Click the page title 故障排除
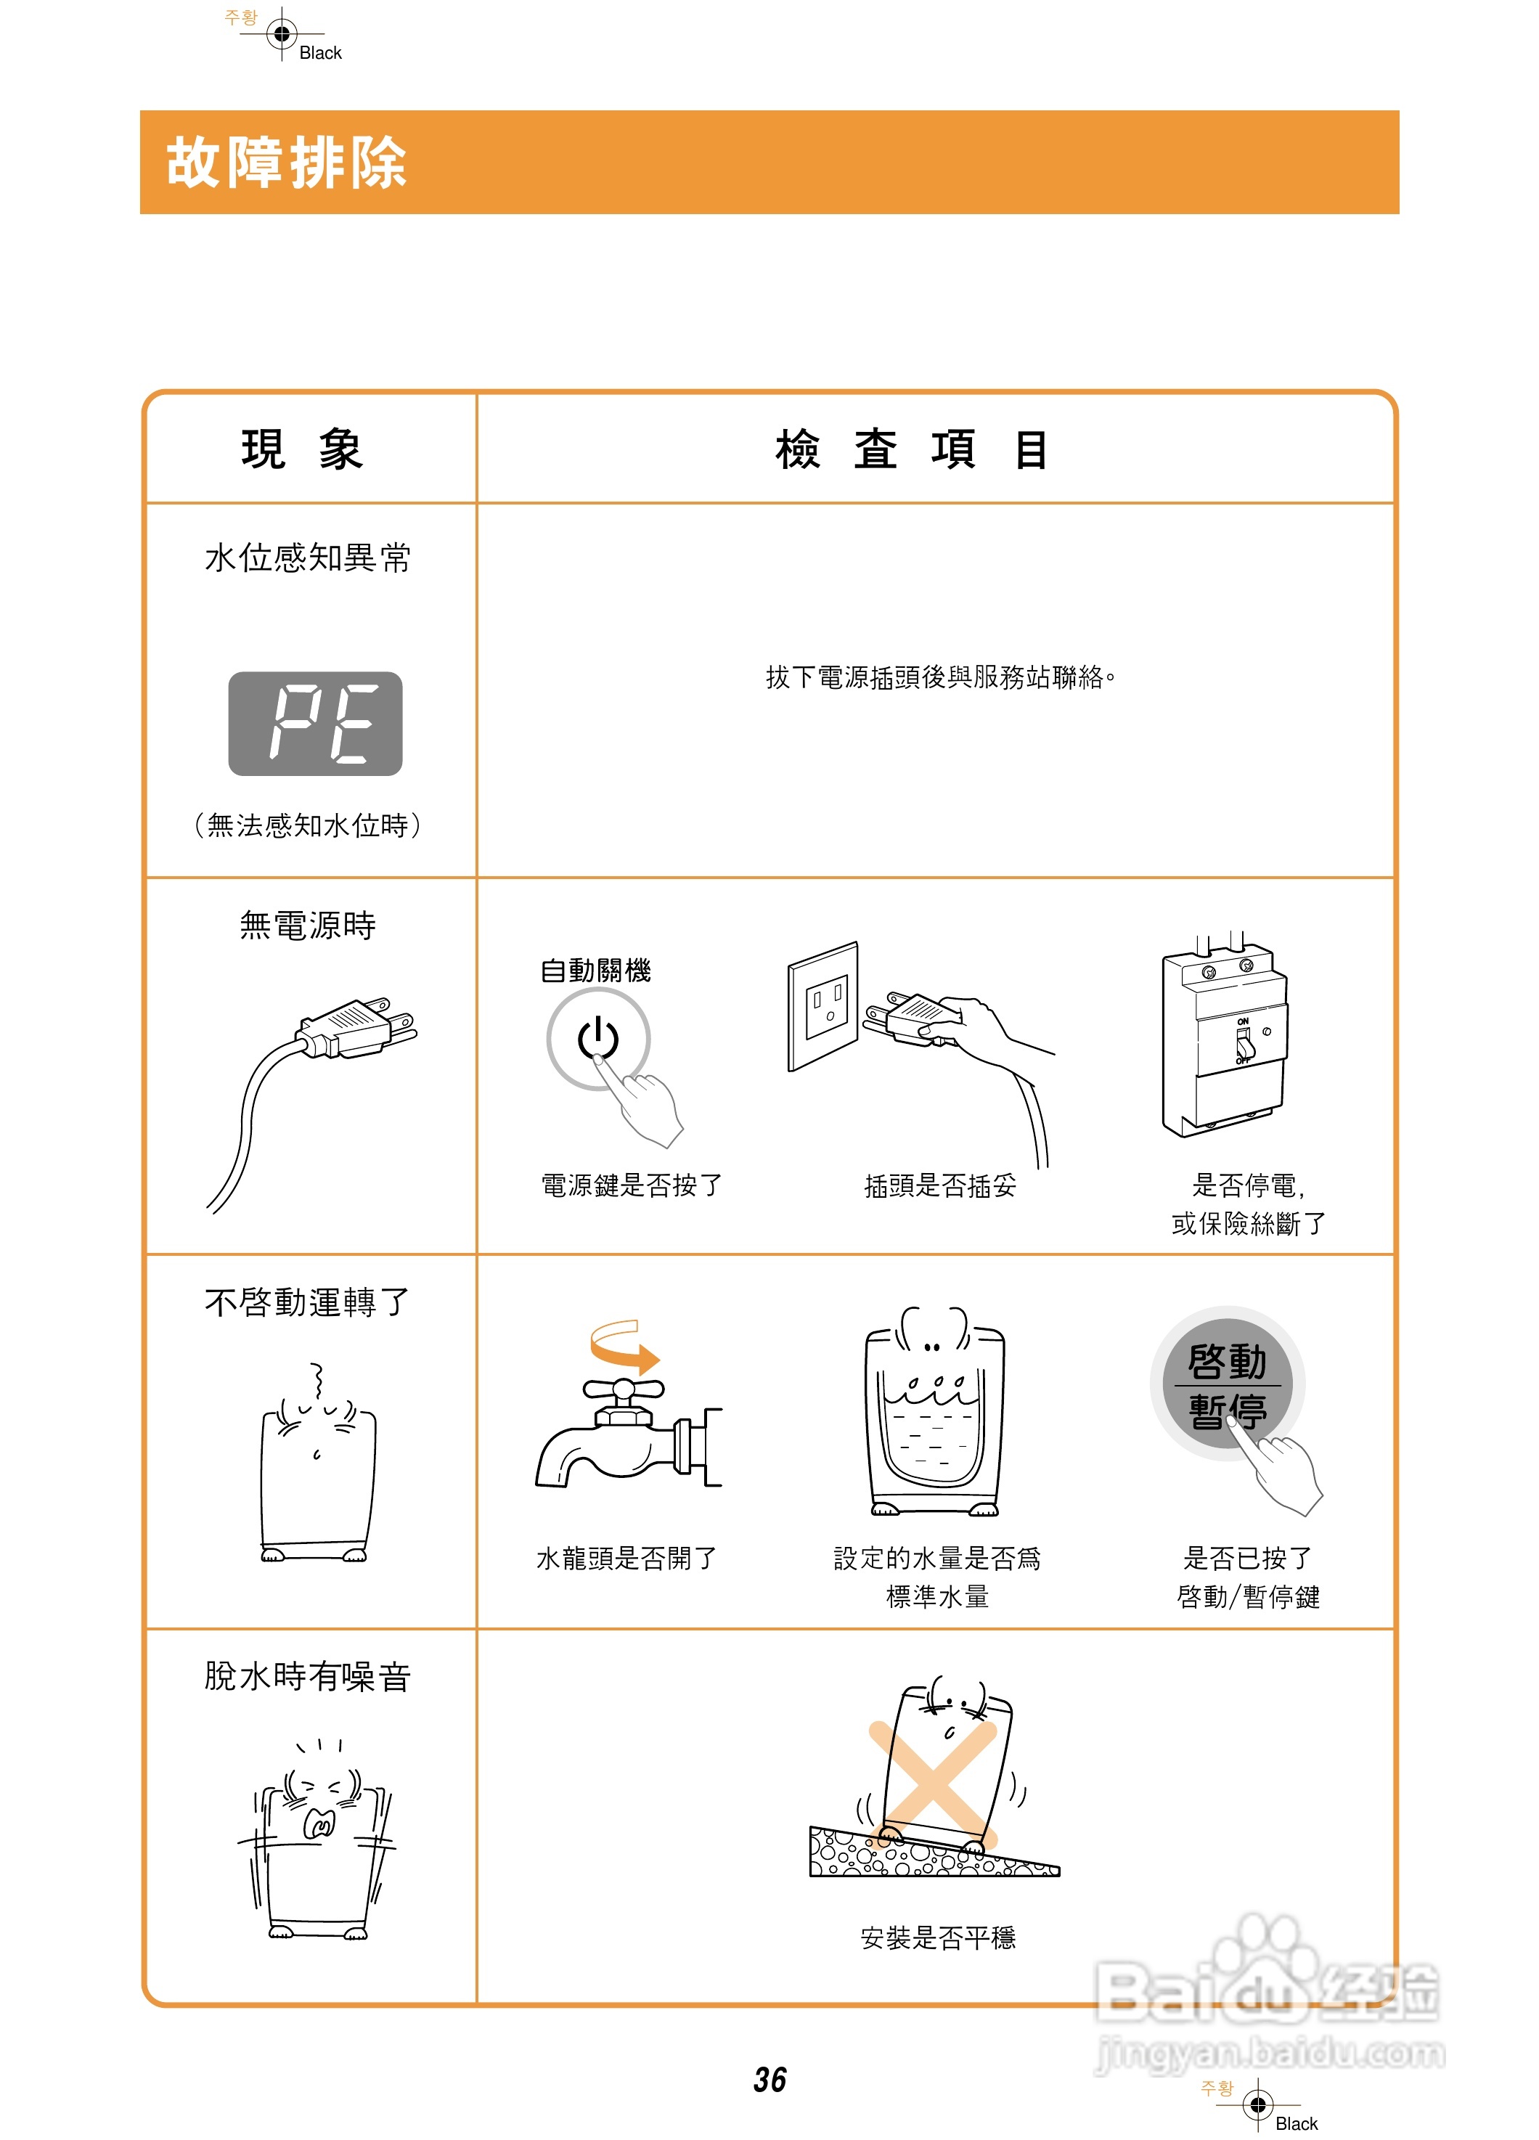tap(286, 163)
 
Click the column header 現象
tap(302, 449)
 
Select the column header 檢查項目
tap(912, 449)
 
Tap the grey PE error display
tap(315, 724)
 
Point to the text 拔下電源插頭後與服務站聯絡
tap(940, 677)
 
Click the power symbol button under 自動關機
tap(597, 1038)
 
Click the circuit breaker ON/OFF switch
tap(1244, 1044)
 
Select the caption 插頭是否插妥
tap(940, 1186)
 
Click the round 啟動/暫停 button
tap(1227, 1384)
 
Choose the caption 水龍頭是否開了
tap(626, 1559)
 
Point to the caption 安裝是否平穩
tap(938, 1938)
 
